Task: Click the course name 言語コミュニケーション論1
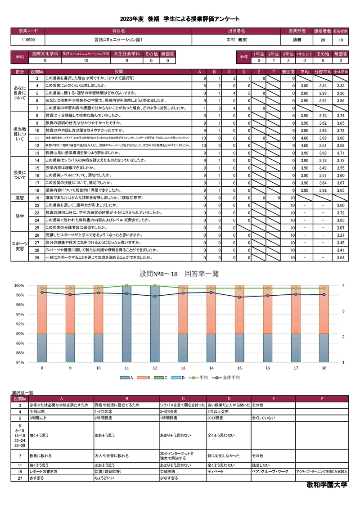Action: point(118,40)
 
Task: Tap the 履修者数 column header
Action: point(323,31)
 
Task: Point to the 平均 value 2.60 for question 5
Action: point(304,93)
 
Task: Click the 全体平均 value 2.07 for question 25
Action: point(340,228)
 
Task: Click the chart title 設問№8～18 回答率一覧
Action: point(180,274)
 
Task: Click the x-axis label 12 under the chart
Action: point(155,368)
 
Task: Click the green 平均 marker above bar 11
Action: point(126,286)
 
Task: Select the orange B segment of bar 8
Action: point(42,311)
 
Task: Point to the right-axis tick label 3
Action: point(343,311)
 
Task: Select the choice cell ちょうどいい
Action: point(104,478)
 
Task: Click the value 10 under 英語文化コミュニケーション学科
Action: point(86,60)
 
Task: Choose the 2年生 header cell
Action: point(273,54)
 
